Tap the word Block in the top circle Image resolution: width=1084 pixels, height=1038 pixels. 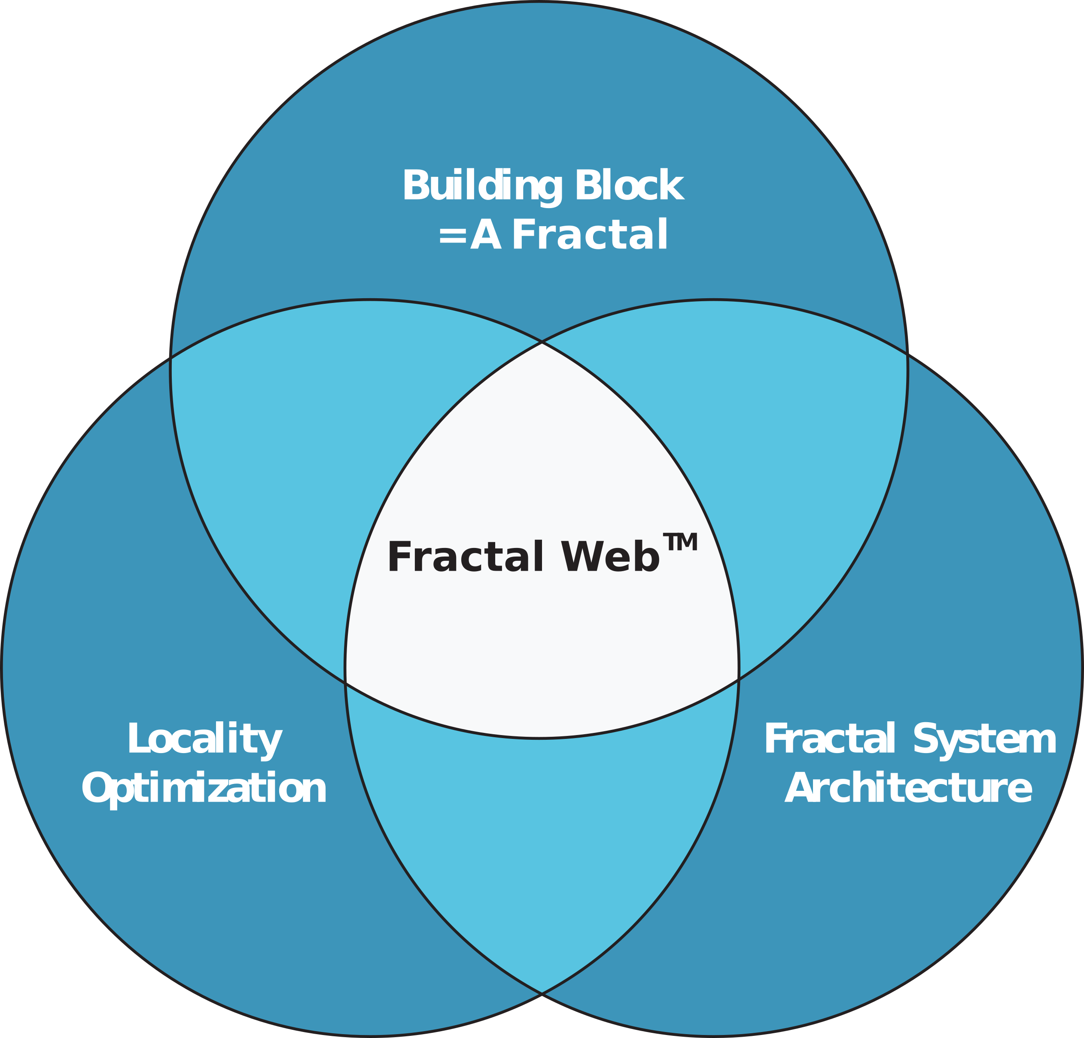click(629, 186)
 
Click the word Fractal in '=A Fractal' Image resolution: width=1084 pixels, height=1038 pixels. click(590, 235)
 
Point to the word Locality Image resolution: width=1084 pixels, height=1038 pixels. click(204, 739)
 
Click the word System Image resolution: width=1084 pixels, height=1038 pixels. click(984, 739)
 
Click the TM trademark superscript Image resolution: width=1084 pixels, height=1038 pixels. click(680, 542)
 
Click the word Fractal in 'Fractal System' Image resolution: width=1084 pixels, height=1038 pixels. click(830, 739)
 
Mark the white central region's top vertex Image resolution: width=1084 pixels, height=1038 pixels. click(542, 343)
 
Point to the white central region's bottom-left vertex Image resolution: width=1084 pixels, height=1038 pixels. click(345, 683)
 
